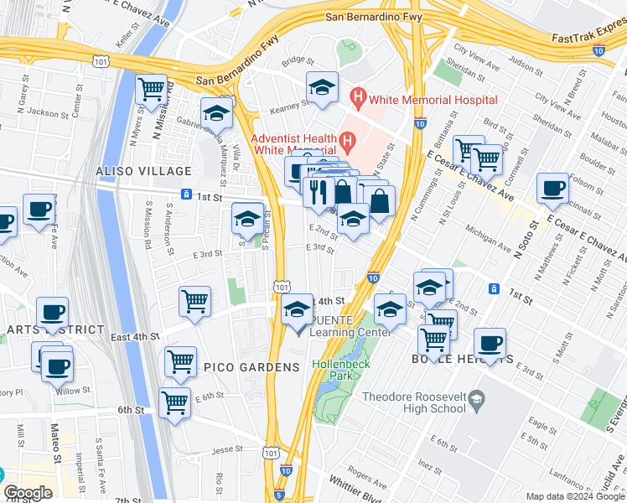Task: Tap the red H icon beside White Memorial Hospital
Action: (x=359, y=100)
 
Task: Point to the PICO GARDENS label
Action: (x=251, y=367)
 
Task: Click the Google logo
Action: (x=28, y=493)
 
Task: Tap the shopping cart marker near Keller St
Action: (x=151, y=87)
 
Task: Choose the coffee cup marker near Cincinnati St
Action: (x=552, y=188)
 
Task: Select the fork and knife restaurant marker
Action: (x=319, y=191)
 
